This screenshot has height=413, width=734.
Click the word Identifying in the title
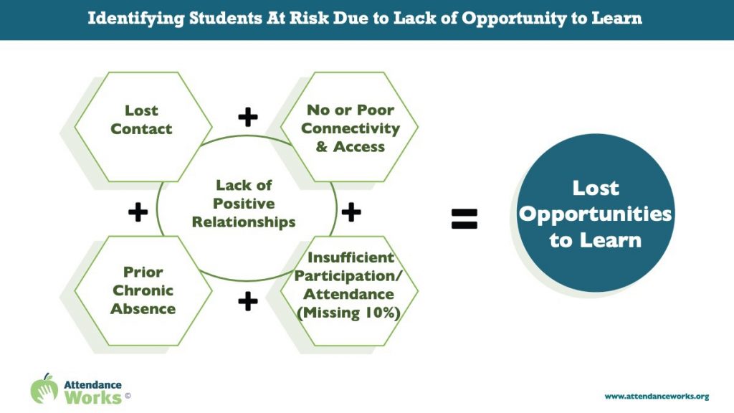pos(136,19)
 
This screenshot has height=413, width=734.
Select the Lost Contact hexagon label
pos(141,120)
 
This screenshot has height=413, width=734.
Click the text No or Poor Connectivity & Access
pos(350,128)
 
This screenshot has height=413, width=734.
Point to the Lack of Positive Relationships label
pos(244,203)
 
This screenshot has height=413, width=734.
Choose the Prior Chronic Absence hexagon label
pos(143,290)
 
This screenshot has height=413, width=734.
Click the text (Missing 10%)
pos(349,313)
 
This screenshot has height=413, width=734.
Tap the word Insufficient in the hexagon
pos(351,257)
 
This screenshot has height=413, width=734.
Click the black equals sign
pos(464,219)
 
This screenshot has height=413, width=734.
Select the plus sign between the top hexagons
pos(248,117)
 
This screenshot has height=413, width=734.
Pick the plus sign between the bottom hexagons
pos(248,301)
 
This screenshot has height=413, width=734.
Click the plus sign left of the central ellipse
pos(138,212)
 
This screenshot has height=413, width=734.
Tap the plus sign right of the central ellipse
pos(351,212)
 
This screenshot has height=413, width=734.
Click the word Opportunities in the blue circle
pos(596,214)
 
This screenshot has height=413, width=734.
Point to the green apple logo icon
pos(44,388)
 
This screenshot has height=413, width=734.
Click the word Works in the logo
pos(93,397)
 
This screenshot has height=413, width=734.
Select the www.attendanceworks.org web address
pos(657,397)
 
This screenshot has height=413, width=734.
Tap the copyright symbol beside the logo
pos(128,396)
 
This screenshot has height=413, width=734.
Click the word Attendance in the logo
pos(92,385)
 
